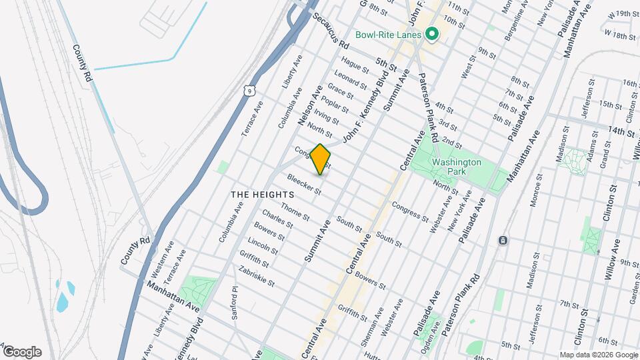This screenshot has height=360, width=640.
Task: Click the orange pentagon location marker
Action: (x=321, y=159)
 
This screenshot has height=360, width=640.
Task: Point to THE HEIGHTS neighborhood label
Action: (x=258, y=194)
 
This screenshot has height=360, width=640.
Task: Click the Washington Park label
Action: (x=456, y=167)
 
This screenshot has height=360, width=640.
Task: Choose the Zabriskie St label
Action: (x=257, y=274)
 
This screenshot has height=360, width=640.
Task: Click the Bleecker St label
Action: (x=304, y=185)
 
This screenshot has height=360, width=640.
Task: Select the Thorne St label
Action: (x=295, y=213)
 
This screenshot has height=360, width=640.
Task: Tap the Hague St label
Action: (x=355, y=67)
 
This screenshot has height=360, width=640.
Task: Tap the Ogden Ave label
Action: (x=437, y=337)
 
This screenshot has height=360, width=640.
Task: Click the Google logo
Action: (x=22, y=351)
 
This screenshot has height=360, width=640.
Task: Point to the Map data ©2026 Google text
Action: (x=598, y=355)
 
